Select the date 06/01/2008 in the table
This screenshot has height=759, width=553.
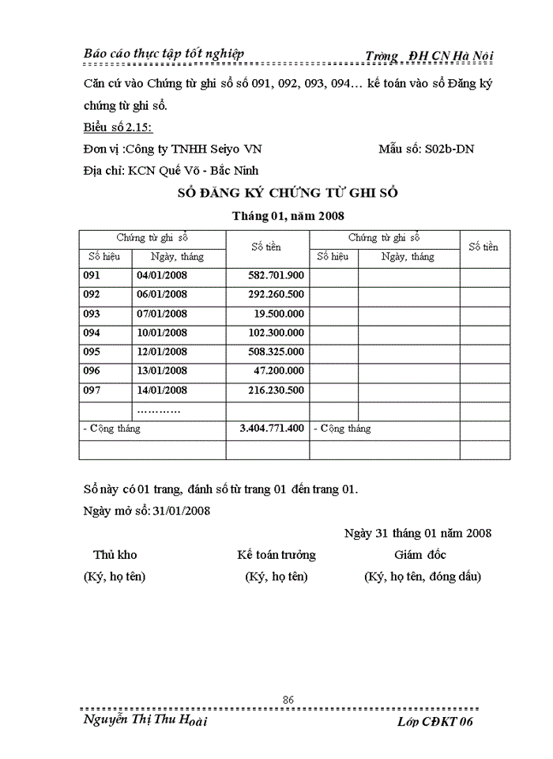click(x=162, y=295)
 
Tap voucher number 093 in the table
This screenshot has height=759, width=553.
click(x=92, y=314)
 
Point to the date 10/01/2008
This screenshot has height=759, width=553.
click(x=162, y=333)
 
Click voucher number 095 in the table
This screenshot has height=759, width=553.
click(x=92, y=352)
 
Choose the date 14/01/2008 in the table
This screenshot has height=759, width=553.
click(x=162, y=390)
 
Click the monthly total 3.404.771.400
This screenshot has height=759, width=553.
click(x=272, y=429)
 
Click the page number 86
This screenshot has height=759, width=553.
click(x=288, y=699)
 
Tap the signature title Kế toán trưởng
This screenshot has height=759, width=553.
click(x=276, y=555)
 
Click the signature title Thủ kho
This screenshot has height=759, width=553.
click(x=115, y=555)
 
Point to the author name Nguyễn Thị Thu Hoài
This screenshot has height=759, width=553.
click(x=145, y=721)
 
